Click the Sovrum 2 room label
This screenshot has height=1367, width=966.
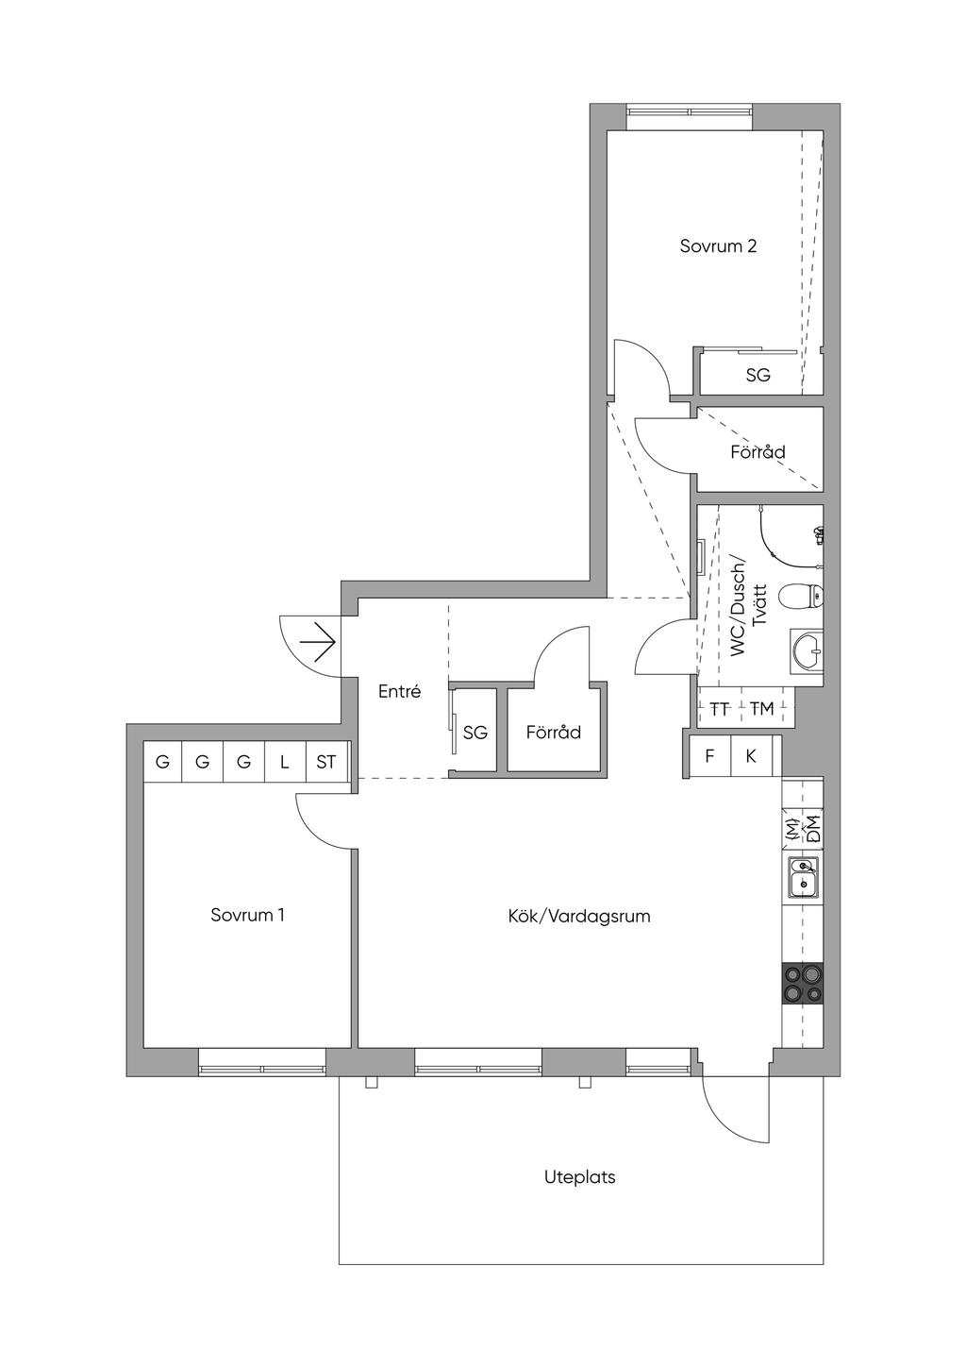[718, 246]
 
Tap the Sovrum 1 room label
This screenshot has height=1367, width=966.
[247, 915]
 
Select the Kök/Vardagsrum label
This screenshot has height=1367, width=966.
[578, 916]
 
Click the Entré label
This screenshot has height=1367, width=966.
[399, 691]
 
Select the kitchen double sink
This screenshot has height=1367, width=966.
[803, 878]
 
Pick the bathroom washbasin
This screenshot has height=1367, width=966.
[807, 650]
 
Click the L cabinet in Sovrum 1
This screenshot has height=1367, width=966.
[285, 761]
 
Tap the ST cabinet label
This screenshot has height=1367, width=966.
[326, 762]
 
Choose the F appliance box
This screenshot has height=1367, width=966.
[709, 756]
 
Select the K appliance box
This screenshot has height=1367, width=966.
[751, 756]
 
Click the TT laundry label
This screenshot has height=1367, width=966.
[720, 709]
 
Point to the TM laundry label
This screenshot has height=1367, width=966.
[761, 709]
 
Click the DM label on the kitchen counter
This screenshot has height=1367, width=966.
[813, 830]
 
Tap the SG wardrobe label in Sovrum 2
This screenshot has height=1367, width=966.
[758, 375]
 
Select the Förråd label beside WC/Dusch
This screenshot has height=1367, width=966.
[758, 451]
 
